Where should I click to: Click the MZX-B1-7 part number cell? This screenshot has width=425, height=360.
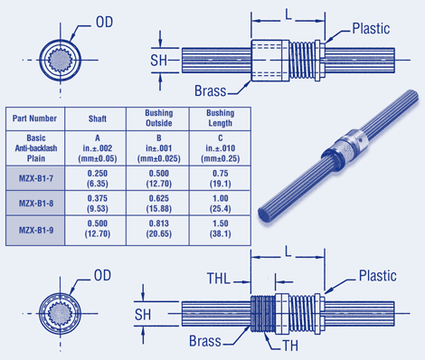pyautogui.click(x=35, y=178)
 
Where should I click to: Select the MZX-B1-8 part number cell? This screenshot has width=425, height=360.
pyautogui.click(x=35, y=203)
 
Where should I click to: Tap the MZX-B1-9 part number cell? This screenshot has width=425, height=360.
pyautogui.click(x=35, y=231)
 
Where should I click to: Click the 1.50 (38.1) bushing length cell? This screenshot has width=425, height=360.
pyautogui.click(x=220, y=229)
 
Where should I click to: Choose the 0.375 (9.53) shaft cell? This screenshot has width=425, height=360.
pyautogui.click(x=97, y=204)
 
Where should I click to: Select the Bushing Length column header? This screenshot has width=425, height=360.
pyautogui.click(x=220, y=118)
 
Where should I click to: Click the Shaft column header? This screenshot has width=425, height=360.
pyautogui.click(x=97, y=118)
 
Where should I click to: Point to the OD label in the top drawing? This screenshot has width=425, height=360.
pyautogui.click(x=104, y=23)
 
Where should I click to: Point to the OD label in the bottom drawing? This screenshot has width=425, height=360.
pyautogui.click(x=102, y=276)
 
